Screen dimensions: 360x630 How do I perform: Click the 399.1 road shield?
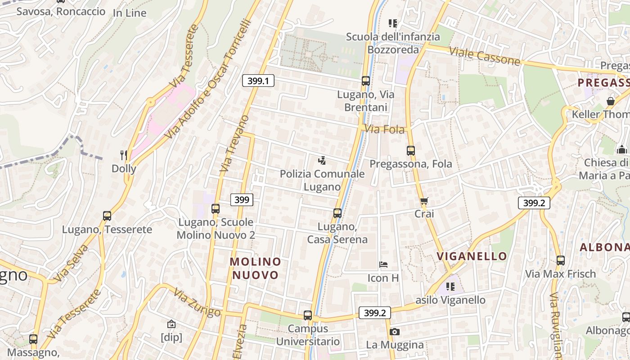click(x=258, y=81)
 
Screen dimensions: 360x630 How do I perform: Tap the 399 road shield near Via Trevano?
click(x=242, y=199)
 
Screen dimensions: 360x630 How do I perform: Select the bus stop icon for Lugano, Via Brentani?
click(x=365, y=81)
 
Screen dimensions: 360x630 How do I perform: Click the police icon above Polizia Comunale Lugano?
click(x=322, y=160)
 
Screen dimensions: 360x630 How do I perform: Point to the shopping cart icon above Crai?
click(x=424, y=201)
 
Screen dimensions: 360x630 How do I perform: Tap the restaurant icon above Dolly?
click(x=124, y=155)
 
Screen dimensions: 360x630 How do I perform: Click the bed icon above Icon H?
click(x=383, y=265)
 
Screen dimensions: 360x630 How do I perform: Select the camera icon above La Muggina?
click(x=395, y=332)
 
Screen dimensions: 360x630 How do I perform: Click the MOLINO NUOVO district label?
click(x=256, y=268)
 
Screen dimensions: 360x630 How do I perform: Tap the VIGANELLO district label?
click(x=472, y=256)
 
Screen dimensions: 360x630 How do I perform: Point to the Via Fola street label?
click(x=384, y=130)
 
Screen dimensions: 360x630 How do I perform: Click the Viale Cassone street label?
click(x=485, y=55)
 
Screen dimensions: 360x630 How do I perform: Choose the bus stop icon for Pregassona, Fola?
click(x=410, y=150)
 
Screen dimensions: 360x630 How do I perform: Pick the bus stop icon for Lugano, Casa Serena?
click(x=337, y=213)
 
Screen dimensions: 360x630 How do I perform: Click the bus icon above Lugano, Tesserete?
click(x=107, y=216)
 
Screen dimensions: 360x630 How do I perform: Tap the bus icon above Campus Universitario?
click(x=308, y=315)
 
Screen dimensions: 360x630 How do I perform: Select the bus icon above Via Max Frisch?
click(x=561, y=260)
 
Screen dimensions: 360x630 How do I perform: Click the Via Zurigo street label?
click(x=197, y=303)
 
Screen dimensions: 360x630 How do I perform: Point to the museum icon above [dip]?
click(x=171, y=324)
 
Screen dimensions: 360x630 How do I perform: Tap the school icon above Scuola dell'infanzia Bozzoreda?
click(x=393, y=23)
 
